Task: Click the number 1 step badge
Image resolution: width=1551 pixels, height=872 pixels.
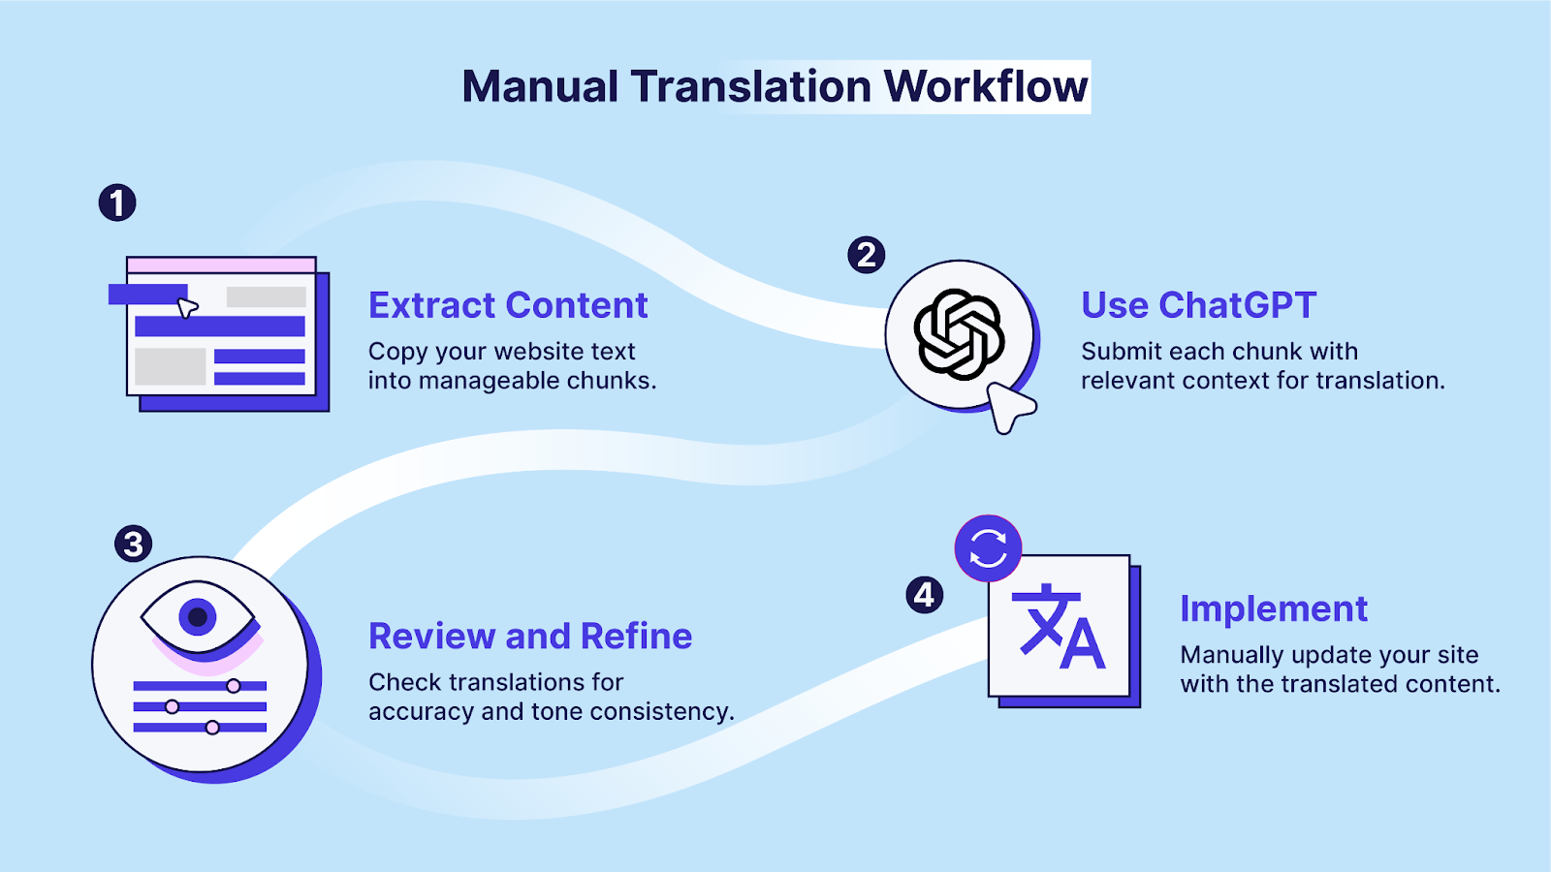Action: tap(117, 203)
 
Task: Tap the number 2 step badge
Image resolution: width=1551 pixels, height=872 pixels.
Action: tap(866, 256)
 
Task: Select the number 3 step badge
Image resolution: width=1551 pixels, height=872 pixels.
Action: tap(134, 544)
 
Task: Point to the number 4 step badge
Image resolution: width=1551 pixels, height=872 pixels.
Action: tap(924, 595)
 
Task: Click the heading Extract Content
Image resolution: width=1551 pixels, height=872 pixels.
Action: tap(508, 305)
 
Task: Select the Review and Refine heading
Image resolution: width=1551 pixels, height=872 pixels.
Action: tap(530, 637)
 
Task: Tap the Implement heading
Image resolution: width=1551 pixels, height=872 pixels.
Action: tap(1273, 608)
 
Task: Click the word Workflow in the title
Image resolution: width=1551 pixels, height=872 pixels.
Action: tap(986, 86)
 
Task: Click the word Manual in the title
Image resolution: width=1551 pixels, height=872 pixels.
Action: tap(540, 86)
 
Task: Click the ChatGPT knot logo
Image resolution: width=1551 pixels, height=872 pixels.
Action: tap(959, 334)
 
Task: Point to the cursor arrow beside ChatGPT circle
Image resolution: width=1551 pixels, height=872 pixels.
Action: tap(1010, 406)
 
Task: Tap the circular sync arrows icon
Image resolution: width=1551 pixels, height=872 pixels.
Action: tap(988, 548)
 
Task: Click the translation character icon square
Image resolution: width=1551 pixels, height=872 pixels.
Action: tap(1059, 627)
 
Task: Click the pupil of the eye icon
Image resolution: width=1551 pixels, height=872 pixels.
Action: tap(198, 616)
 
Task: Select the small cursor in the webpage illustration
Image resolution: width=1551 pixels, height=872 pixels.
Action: tap(187, 308)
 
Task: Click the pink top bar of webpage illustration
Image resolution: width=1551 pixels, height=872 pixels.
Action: tap(221, 265)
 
